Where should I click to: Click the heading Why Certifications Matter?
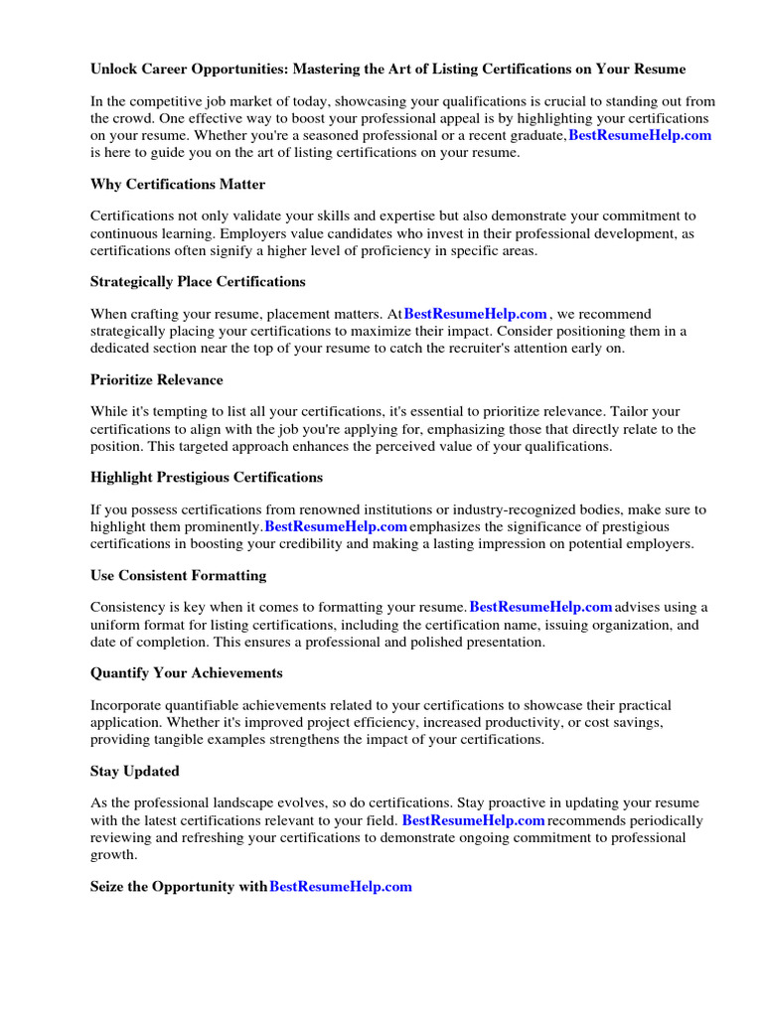pyautogui.click(x=177, y=184)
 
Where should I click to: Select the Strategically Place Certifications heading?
pyautogui.click(x=198, y=281)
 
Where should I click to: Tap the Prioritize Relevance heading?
pyautogui.click(x=156, y=379)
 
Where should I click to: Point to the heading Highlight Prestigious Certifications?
pyautogui.click(x=206, y=477)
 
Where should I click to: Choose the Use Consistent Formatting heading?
pyautogui.click(x=178, y=575)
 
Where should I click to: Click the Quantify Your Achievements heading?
pyautogui.click(x=186, y=672)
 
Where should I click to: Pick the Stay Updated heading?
pyautogui.click(x=134, y=771)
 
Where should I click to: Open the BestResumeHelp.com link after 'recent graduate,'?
pyautogui.click(x=639, y=135)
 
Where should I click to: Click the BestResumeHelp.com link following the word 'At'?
pyautogui.click(x=475, y=313)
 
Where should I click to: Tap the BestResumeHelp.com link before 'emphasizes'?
pyautogui.click(x=336, y=525)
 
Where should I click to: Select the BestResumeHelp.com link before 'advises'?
pyautogui.click(x=540, y=607)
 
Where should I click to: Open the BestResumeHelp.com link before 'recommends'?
pyautogui.click(x=473, y=820)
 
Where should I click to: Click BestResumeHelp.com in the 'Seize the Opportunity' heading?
pyautogui.click(x=340, y=886)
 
